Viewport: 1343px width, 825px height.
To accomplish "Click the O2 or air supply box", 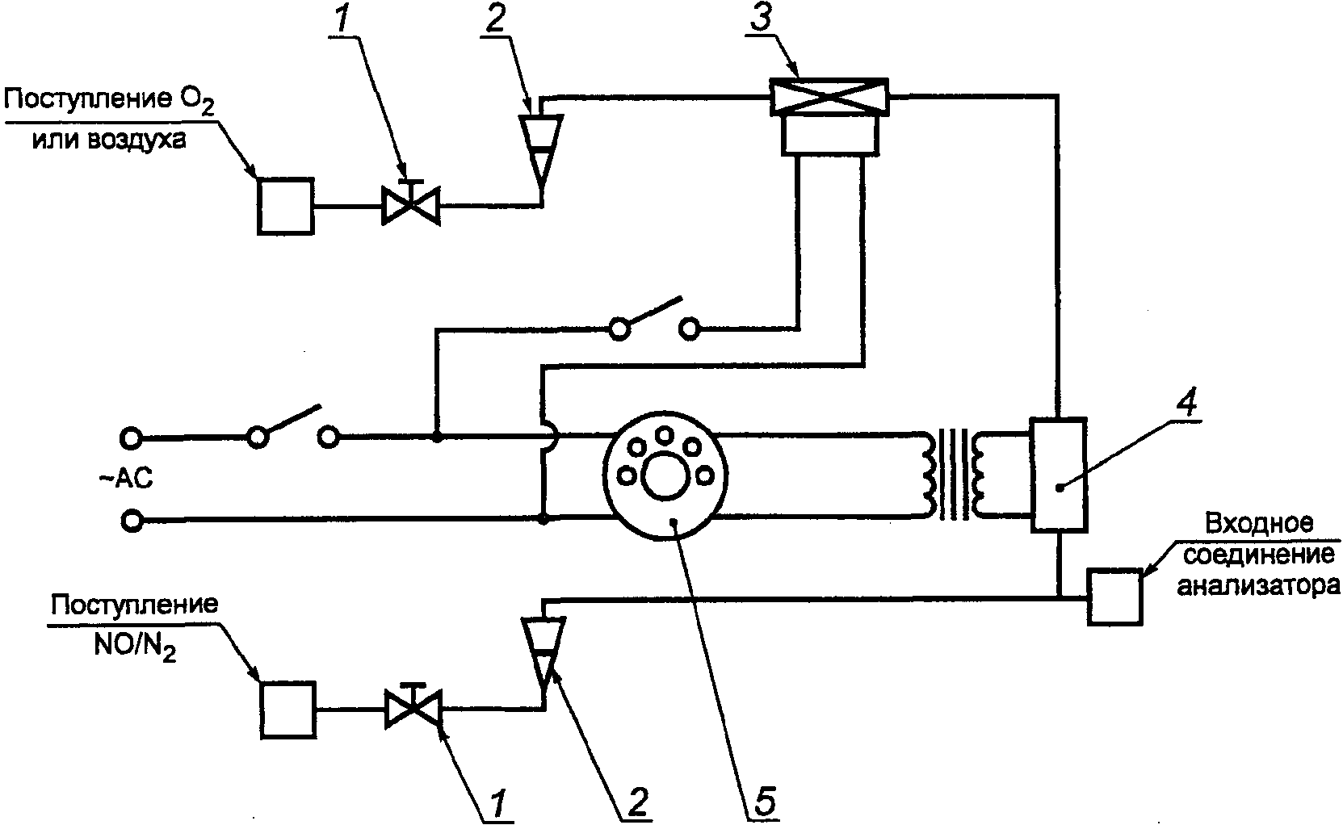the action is pos(285,207).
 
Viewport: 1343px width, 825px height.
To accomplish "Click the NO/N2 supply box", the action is pos(287,710).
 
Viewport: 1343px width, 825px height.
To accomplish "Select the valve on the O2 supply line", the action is pos(411,205).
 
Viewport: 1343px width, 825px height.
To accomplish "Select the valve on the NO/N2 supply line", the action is pos(413,708).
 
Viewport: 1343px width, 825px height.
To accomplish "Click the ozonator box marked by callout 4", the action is pos(1058,475).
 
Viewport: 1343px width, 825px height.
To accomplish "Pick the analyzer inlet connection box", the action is pos(1115,597).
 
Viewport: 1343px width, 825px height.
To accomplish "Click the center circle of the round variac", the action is pos(664,480).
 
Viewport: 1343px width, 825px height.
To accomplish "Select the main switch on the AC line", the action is pos(292,428).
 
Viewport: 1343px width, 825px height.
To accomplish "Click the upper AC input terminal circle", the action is pos(130,438).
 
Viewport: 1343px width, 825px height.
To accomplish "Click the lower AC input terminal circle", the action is pos(130,521).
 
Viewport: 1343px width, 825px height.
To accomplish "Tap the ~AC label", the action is pos(125,479).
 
